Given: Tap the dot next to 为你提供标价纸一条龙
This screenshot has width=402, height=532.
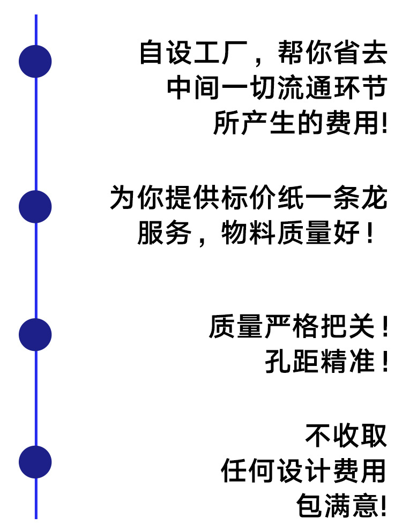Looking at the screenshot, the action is [35, 207].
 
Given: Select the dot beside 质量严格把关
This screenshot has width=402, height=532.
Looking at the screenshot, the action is [35, 335].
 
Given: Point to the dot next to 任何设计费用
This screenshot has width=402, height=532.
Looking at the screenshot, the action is [35, 462].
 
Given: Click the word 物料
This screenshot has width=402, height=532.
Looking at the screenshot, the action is [249, 234].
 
